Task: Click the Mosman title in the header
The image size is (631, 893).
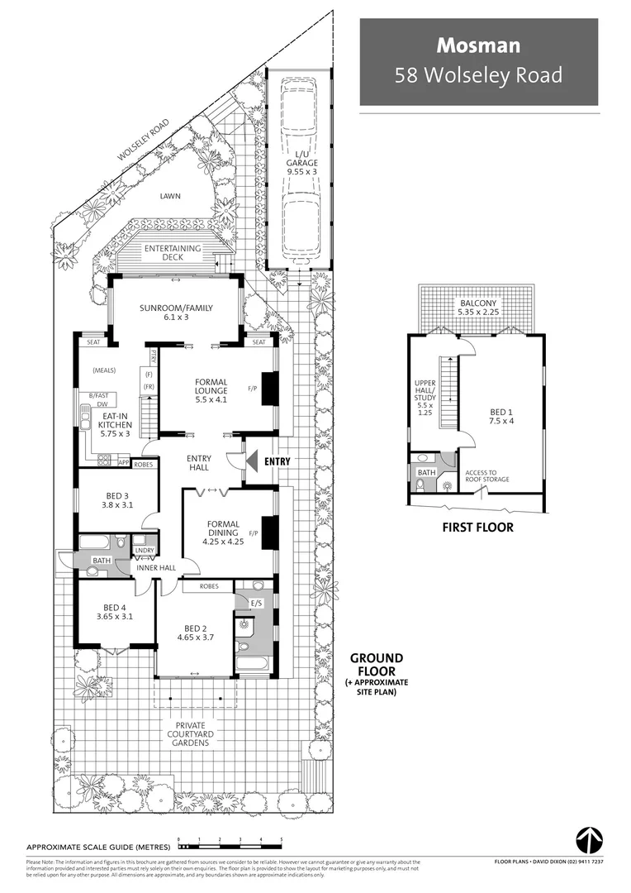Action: point(478,45)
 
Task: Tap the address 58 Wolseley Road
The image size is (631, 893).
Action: point(478,75)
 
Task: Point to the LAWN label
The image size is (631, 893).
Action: point(171,196)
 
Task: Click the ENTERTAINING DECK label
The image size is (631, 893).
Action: point(173,253)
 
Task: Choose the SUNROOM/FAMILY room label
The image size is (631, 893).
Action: point(176,313)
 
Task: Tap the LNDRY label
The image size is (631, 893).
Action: point(144,549)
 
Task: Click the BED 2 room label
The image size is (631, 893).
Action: point(195,633)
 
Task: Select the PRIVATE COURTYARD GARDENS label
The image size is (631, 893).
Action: point(192,734)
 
